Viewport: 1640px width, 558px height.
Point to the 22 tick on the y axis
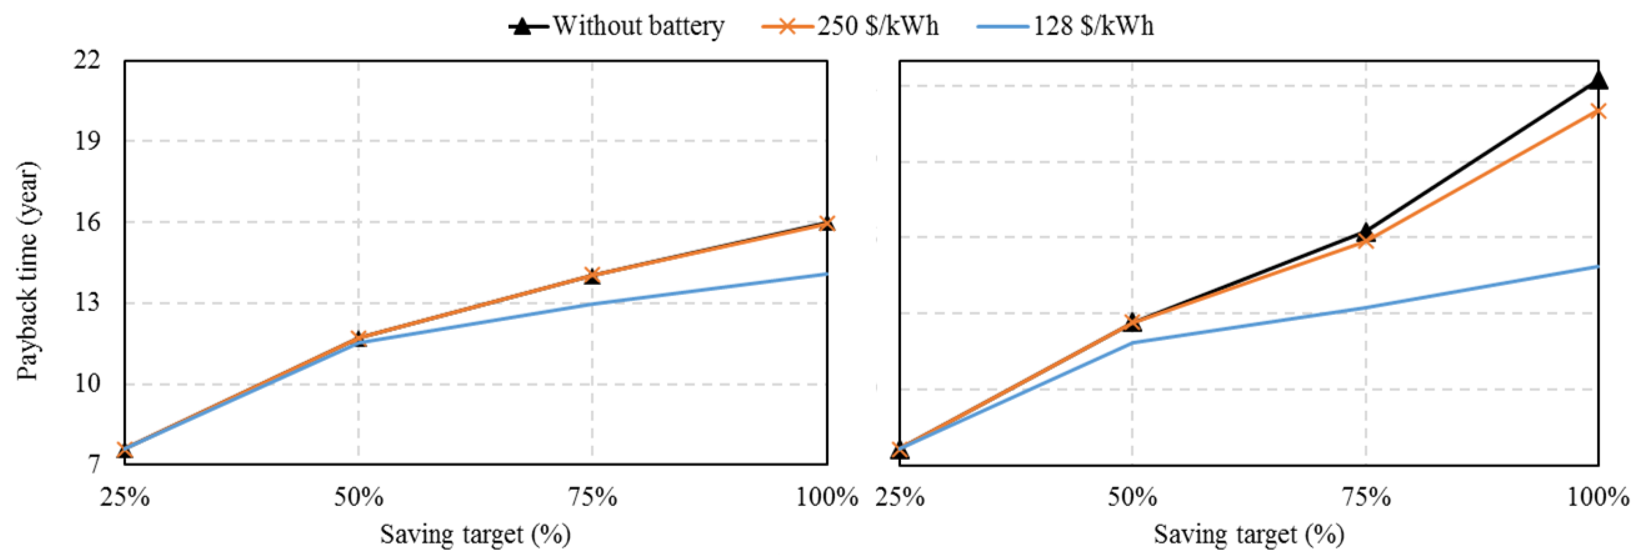click(x=87, y=60)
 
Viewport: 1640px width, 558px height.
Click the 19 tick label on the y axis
click(x=87, y=140)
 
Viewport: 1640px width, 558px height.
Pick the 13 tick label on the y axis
click(x=87, y=303)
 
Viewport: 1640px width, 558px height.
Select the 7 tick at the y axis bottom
click(x=94, y=464)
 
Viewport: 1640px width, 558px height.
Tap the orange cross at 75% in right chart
click(x=1366, y=241)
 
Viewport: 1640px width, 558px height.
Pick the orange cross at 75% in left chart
click(x=593, y=275)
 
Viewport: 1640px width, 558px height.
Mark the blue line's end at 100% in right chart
click(x=1598, y=267)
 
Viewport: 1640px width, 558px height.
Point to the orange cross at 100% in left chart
click(x=827, y=223)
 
